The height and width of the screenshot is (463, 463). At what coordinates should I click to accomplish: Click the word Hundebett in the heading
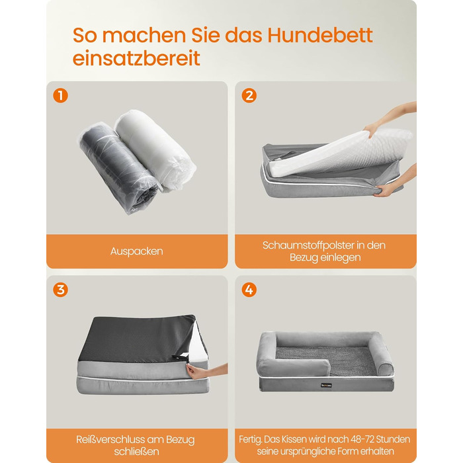[320, 35]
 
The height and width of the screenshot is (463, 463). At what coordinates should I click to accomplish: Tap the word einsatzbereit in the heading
[136, 58]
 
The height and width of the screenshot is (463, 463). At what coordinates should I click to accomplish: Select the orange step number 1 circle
[61, 96]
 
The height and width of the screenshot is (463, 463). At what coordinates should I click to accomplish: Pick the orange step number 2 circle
[249, 96]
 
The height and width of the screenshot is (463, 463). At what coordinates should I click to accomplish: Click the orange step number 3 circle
[61, 290]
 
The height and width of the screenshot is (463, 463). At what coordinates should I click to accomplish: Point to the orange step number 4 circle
[249, 290]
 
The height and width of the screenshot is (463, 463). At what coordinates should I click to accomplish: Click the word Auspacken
[137, 251]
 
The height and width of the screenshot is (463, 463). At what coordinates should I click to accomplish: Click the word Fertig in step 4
[250, 440]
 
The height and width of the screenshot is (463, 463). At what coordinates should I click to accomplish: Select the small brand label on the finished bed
[327, 385]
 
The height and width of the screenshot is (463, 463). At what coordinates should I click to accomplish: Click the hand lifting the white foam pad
[388, 118]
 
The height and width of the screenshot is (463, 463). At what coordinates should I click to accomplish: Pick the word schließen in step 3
[137, 452]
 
